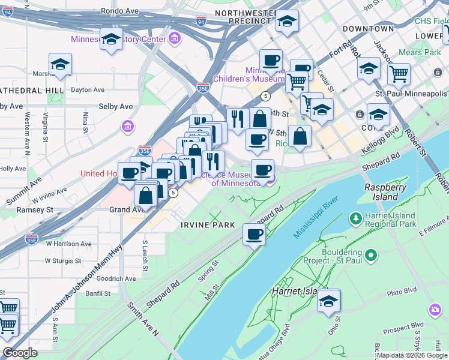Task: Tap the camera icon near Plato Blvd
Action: pos(435,310)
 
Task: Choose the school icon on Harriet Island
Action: pos(329,301)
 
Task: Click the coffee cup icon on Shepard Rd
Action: pos(254,233)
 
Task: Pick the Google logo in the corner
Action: pos(20,353)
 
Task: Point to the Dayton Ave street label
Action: pos(88,90)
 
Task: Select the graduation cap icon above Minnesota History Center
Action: pos(112,39)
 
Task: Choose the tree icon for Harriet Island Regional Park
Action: pos(356,217)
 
